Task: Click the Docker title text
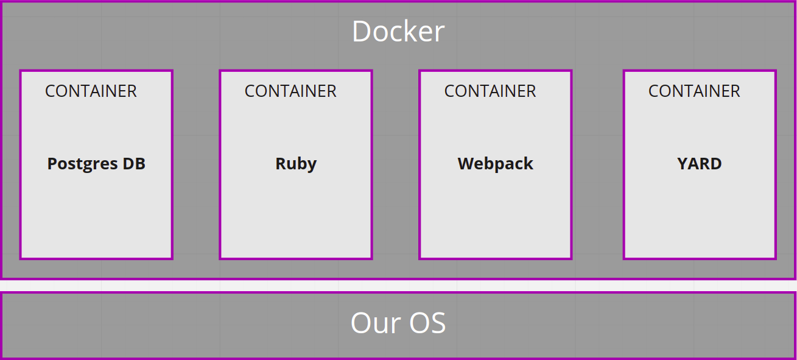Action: [x=398, y=32]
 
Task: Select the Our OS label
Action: [x=398, y=323]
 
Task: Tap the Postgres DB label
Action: [x=96, y=164]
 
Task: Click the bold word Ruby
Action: [x=296, y=164]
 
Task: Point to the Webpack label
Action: [x=496, y=164]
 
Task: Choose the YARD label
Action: [x=700, y=164]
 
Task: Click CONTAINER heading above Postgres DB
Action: [x=91, y=91]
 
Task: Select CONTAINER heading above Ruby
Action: [x=290, y=91]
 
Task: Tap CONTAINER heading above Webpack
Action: [x=490, y=91]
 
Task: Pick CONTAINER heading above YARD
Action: [x=694, y=91]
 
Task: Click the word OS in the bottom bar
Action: [x=427, y=323]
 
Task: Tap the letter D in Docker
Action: [x=362, y=32]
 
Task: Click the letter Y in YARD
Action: [x=683, y=164]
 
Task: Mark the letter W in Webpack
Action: [x=466, y=164]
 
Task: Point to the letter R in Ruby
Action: [x=281, y=164]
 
